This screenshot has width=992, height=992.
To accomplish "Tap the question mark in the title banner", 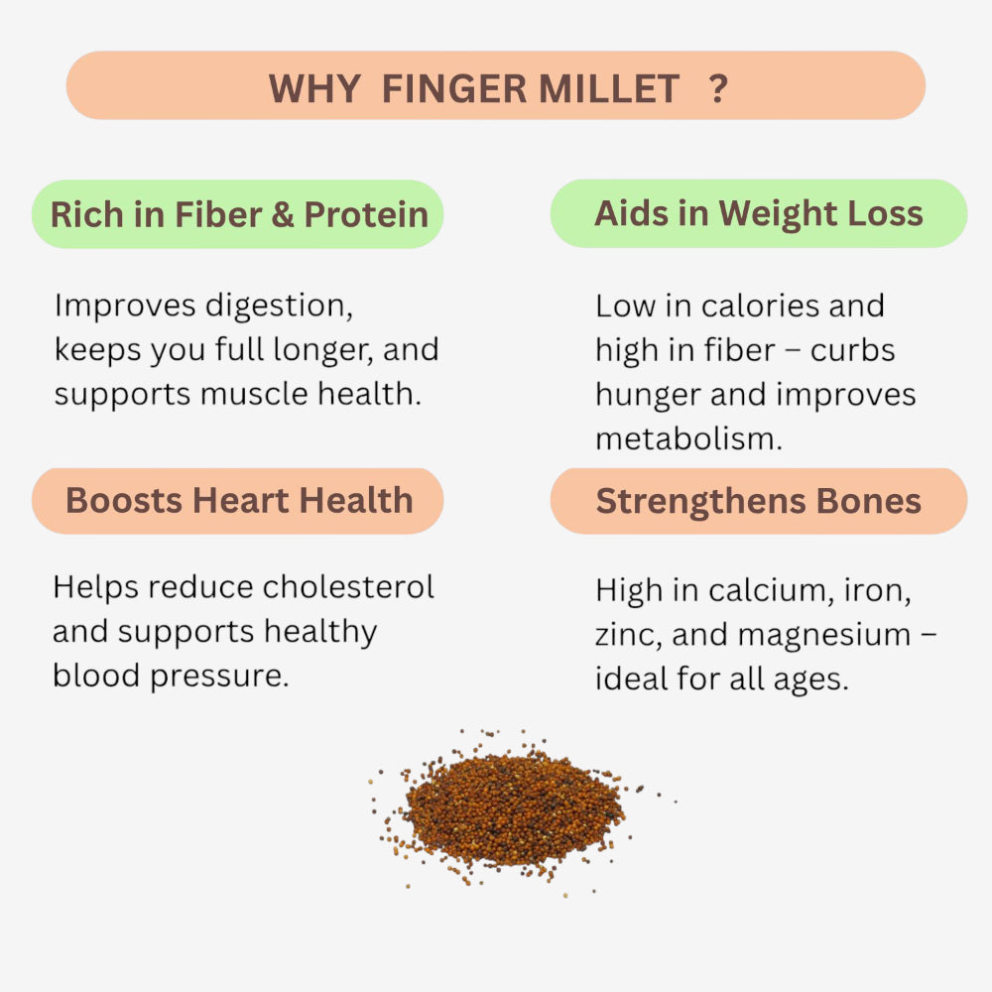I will coord(719,89).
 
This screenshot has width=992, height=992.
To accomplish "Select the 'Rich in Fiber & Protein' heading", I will coord(239,214).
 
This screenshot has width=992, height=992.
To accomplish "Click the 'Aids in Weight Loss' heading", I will coord(759,213).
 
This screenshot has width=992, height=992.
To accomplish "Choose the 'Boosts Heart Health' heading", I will coord(239,500).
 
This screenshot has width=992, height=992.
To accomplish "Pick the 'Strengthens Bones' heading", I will coord(759,501).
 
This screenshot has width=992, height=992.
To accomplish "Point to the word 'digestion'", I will coord(279,307).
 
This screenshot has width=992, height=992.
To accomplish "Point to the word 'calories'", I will coord(763,306).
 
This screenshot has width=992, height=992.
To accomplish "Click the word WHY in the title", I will coord(314,89).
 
